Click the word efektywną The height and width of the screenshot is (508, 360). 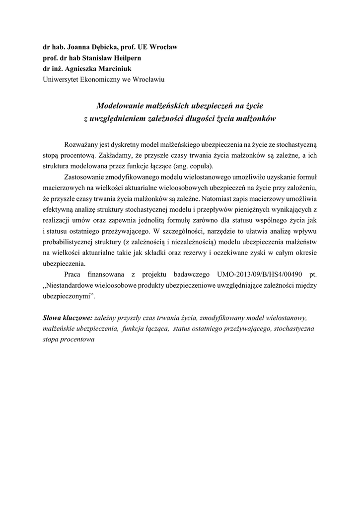pos(61,209)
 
